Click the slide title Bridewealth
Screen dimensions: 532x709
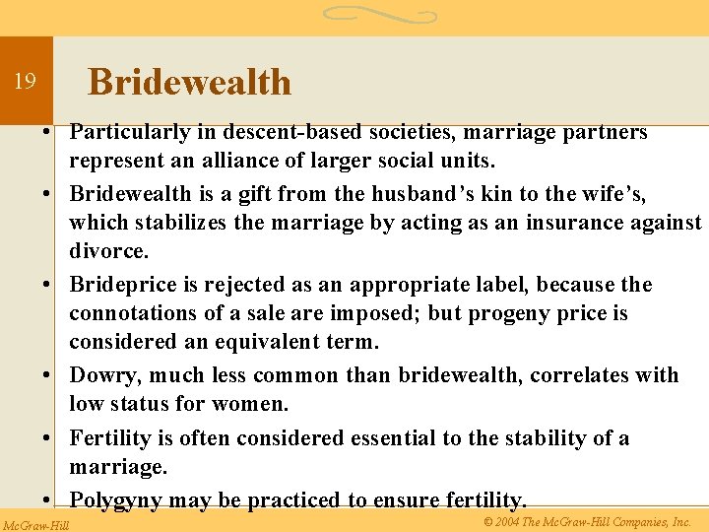point(189,82)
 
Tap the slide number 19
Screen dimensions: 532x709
point(25,82)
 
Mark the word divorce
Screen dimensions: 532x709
point(108,252)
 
